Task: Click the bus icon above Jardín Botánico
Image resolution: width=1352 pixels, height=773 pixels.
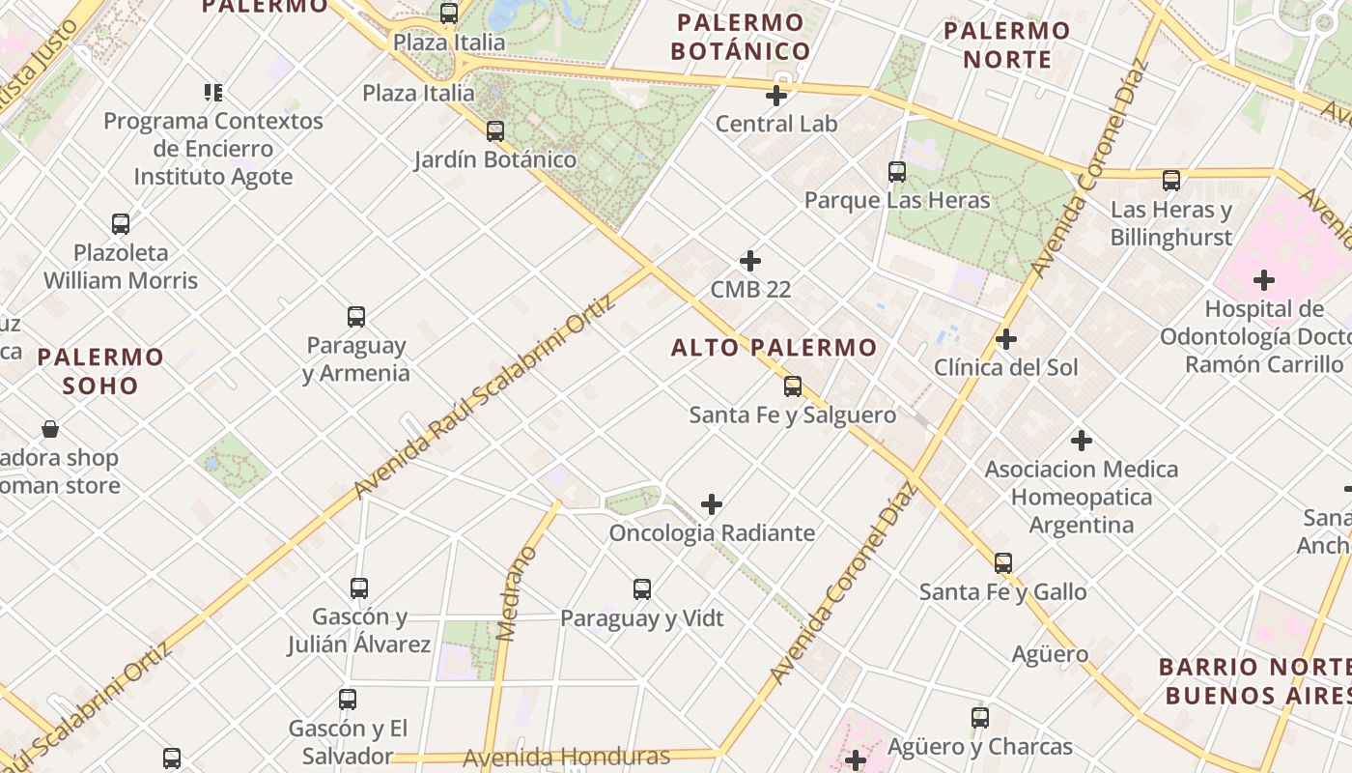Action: tap(495, 130)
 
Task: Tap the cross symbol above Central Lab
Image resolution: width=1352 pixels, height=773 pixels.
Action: tap(776, 96)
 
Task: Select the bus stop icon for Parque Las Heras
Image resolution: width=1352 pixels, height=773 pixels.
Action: tap(897, 172)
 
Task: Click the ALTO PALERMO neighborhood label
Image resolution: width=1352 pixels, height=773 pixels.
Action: tap(774, 348)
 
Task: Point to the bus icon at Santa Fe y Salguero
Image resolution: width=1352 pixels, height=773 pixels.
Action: tap(793, 386)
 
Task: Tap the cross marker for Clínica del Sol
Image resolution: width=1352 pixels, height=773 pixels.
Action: tap(1006, 339)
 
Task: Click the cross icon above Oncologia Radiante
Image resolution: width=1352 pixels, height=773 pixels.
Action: tap(712, 504)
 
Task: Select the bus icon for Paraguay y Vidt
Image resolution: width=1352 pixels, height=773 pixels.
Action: tap(642, 588)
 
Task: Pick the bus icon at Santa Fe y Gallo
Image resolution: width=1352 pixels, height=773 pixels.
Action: tap(1003, 563)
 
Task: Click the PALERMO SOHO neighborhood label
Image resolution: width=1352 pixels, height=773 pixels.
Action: tap(100, 371)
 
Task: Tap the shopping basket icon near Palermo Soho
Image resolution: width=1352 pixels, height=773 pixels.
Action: tap(50, 429)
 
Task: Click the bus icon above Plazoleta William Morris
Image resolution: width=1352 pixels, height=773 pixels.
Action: tap(121, 224)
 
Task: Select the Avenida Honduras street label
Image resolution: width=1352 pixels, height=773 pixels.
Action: tap(566, 757)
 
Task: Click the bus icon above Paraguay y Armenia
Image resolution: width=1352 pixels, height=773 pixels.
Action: tap(356, 317)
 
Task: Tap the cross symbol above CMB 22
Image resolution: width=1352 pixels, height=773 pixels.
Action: tap(750, 261)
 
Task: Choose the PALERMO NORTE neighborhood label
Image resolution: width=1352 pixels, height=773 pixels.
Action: tap(1006, 44)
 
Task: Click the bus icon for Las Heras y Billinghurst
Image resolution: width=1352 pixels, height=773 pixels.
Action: tap(1171, 180)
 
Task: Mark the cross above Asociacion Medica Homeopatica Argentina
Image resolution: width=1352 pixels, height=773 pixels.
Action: tap(1082, 441)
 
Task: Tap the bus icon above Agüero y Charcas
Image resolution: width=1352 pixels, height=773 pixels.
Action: tap(980, 718)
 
